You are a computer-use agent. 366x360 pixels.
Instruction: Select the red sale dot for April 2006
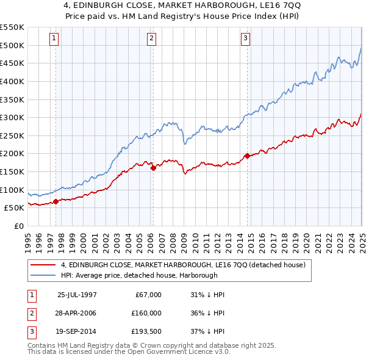click(x=153, y=168)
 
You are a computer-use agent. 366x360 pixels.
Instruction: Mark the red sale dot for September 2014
click(x=247, y=156)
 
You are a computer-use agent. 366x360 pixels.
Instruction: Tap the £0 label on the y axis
click(x=18, y=226)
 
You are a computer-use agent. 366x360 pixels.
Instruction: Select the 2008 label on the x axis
click(x=173, y=239)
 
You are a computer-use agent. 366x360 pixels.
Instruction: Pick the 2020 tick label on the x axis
click(x=306, y=239)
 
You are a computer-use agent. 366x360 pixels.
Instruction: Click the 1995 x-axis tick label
click(x=28, y=239)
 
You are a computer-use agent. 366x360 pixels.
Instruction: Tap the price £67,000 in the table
click(x=147, y=294)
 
